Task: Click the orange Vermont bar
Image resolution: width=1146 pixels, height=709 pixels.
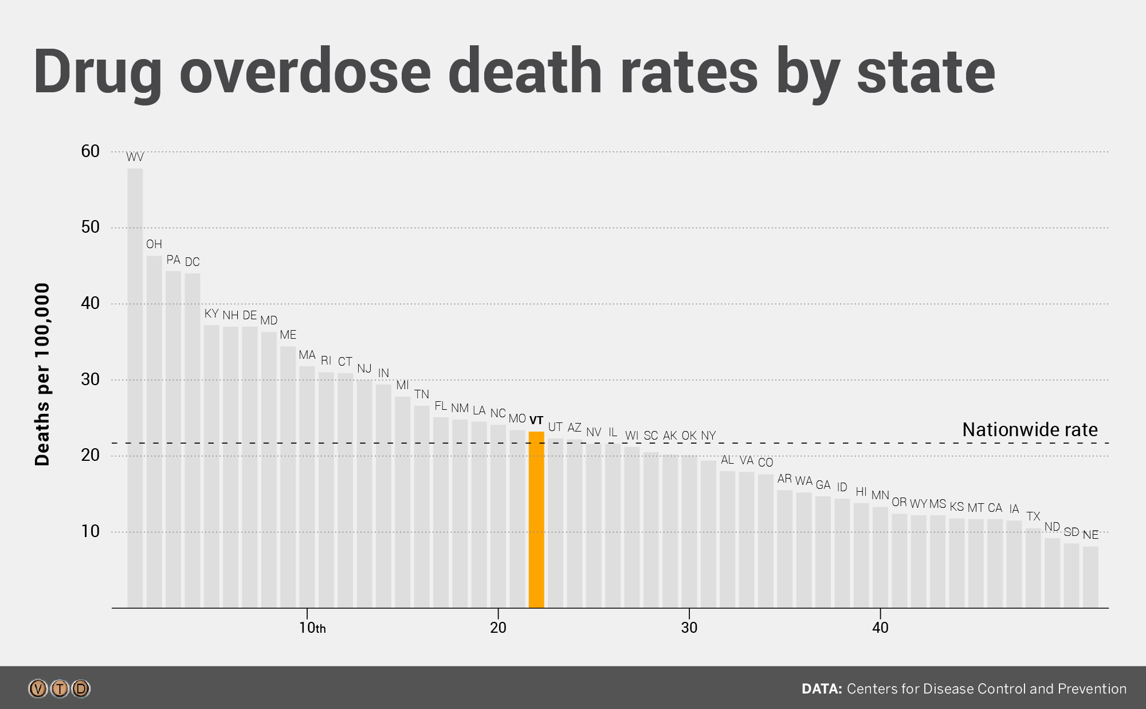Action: [x=536, y=519]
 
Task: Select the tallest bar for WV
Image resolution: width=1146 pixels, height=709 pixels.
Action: [x=135, y=387]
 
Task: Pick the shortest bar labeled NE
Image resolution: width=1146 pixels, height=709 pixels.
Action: [x=1090, y=577]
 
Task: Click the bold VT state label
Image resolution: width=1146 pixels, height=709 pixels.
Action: [x=536, y=420]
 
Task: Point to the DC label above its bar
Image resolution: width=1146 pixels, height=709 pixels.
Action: [x=192, y=262]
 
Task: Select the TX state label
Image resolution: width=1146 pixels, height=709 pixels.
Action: [x=1033, y=516]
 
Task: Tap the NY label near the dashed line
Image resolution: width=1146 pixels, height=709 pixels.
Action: [x=708, y=436]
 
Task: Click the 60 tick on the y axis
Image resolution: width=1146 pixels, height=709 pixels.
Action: [x=91, y=151]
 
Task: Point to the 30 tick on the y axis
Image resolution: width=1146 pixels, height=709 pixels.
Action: [x=91, y=379]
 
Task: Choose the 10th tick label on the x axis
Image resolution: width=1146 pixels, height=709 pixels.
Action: [x=312, y=628]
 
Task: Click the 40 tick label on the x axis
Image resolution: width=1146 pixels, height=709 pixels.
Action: [x=880, y=628]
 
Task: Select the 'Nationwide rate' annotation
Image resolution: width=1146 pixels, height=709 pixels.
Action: [x=1030, y=429]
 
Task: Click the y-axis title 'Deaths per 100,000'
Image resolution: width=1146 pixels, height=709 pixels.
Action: [x=42, y=374]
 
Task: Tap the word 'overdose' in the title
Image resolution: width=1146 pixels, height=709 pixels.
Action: [x=305, y=72]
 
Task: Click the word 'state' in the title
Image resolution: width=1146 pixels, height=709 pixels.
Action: [x=926, y=72]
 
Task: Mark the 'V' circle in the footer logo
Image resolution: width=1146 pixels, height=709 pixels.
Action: [x=38, y=688]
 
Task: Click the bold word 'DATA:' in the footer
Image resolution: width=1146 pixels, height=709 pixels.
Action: [x=821, y=689]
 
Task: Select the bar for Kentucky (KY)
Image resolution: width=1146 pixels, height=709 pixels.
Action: [x=211, y=466]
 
